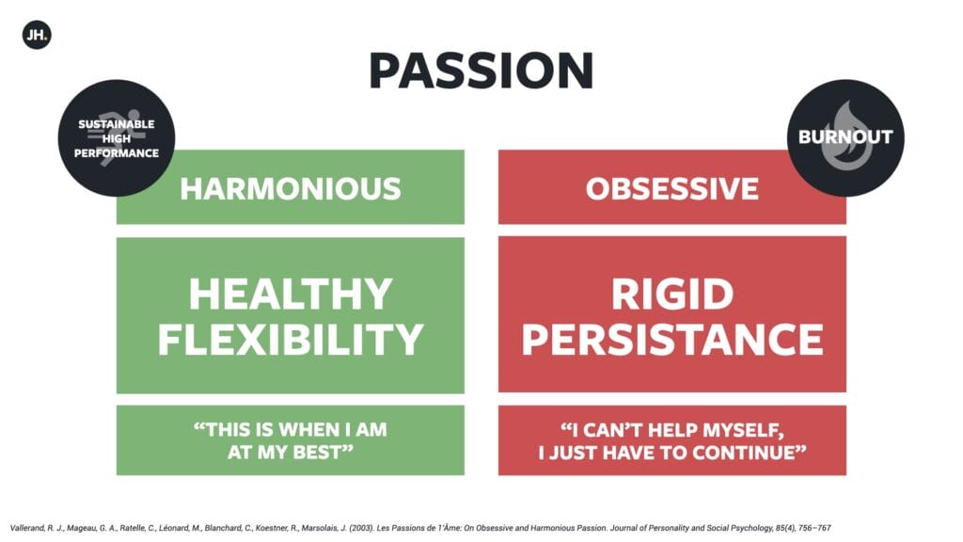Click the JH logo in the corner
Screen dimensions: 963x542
coord(37,35)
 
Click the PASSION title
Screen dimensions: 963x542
coord(481,72)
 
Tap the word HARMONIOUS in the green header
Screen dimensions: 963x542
coord(291,188)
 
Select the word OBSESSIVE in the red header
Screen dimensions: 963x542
coord(671,188)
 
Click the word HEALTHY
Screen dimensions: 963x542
coord(291,294)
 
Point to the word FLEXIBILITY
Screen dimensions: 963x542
coord(291,339)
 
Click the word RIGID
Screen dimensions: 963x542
coord(672,294)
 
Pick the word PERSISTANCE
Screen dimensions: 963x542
coord(672,339)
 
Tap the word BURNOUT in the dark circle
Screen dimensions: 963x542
coord(845,136)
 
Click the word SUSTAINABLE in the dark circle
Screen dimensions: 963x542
coord(116,124)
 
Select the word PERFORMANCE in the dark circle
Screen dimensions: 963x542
coord(116,153)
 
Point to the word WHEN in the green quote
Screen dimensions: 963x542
coord(312,429)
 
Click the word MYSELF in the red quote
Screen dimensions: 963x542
coord(743,429)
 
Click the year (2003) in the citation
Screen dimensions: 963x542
coord(361,528)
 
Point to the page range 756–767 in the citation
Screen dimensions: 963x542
coord(814,528)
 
